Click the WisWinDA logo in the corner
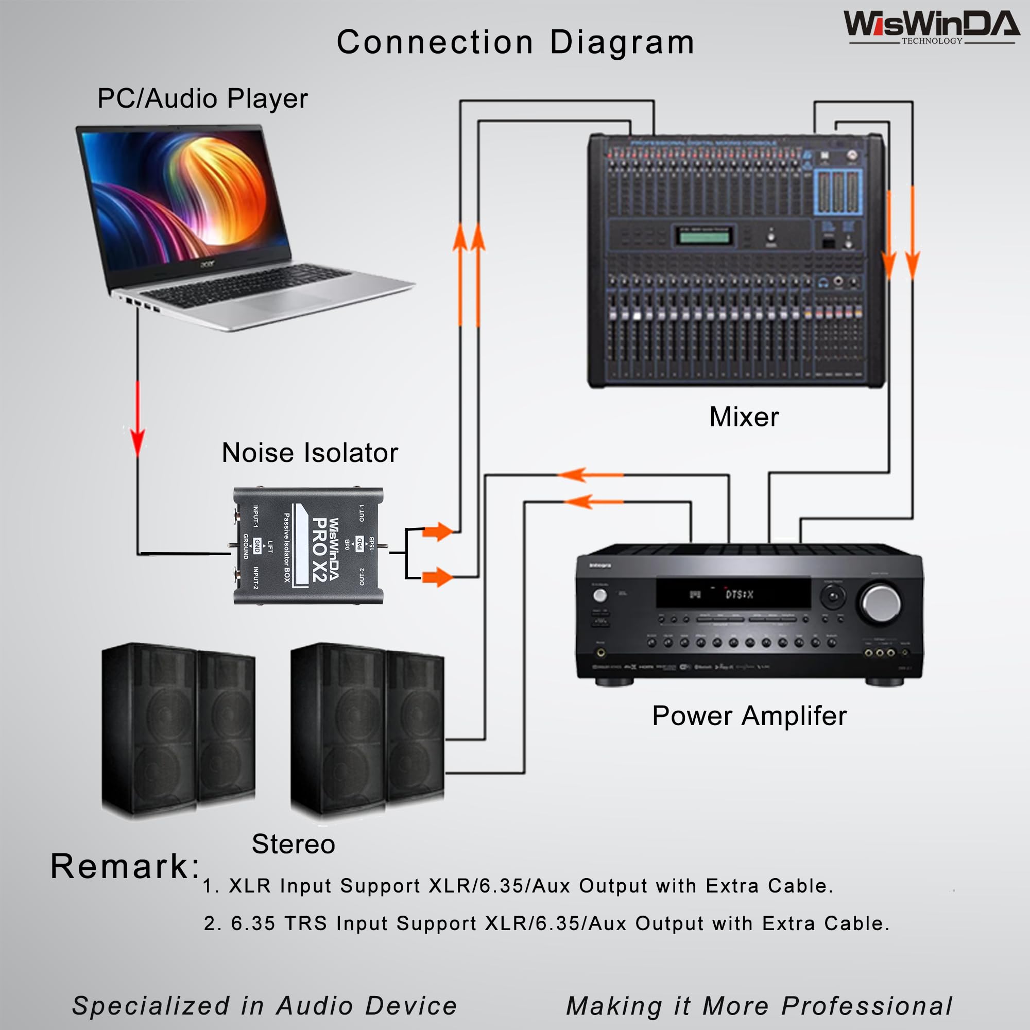coord(931,27)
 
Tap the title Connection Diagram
coord(515,42)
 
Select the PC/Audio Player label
coord(202,99)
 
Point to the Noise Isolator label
coord(310,453)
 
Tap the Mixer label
coord(744,417)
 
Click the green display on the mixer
coord(703,235)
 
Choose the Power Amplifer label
coord(749,716)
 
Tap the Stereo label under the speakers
coord(293,844)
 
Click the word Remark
coord(125,866)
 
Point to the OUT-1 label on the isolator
coord(362,513)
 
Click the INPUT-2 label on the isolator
coord(255,578)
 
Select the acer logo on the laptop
coord(208,263)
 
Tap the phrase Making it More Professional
coord(759,1006)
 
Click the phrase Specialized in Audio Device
coord(265,1006)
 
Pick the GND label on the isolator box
coord(257,545)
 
